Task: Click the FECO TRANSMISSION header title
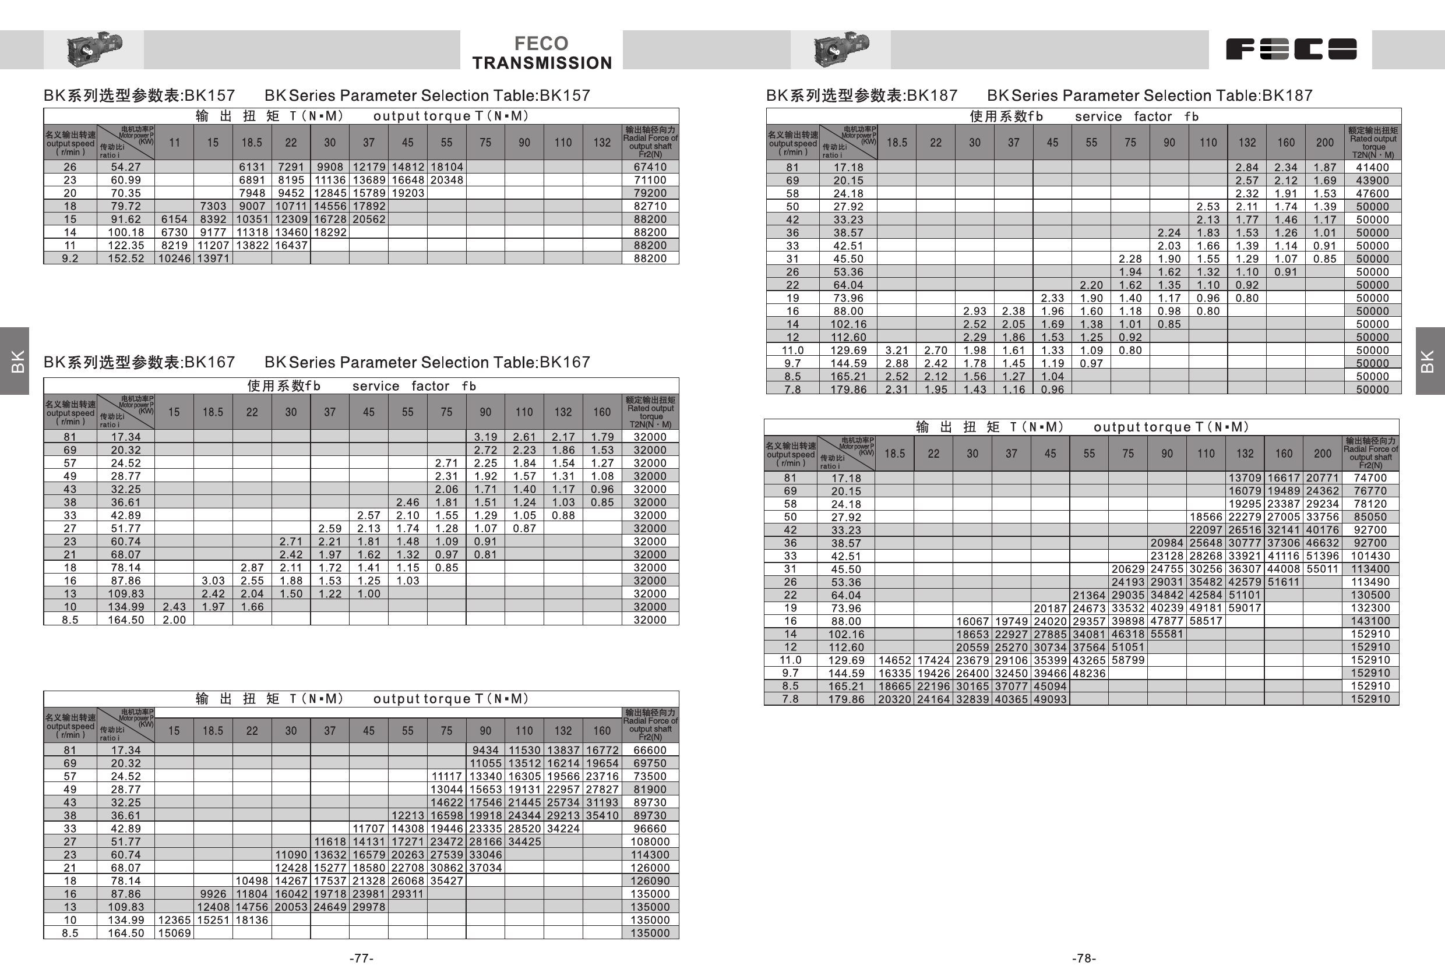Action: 541,53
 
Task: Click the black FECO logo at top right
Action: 1291,49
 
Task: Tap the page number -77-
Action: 361,958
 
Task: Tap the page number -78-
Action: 1084,958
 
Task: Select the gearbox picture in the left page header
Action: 94,48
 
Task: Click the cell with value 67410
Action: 650,167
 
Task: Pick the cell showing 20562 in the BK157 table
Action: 369,220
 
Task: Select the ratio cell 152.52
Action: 126,259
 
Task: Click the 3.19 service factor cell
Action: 485,437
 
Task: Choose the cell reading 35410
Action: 602,815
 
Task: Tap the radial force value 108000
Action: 650,841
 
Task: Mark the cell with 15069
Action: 174,933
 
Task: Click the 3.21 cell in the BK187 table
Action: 897,351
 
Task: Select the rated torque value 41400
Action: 1372,167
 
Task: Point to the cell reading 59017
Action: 1245,608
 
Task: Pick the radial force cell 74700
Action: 1370,478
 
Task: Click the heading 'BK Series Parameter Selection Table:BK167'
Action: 427,362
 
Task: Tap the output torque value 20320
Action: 895,699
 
